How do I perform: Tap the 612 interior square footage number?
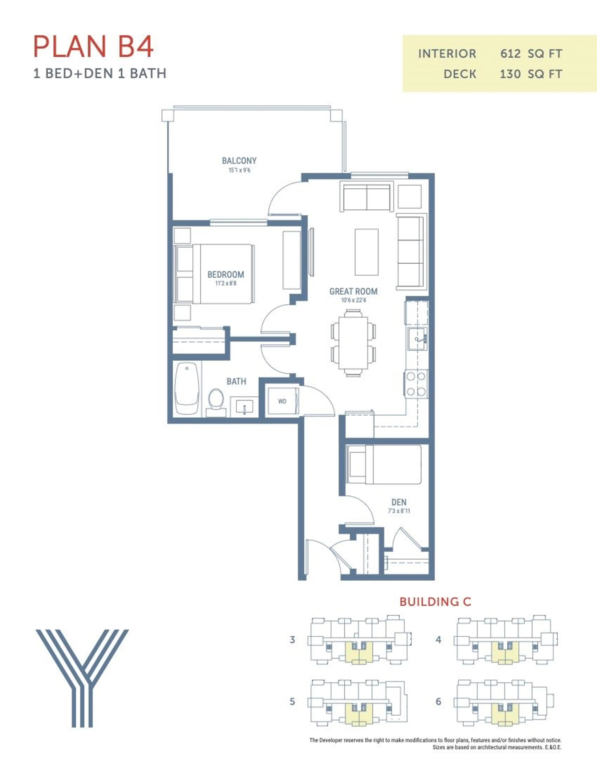coord(510,54)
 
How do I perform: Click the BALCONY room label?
coord(239,161)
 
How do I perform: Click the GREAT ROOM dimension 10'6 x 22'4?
coord(353,300)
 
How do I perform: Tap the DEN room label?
coord(399,502)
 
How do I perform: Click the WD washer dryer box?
coord(282,401)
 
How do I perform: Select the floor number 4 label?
coord(438,640)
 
